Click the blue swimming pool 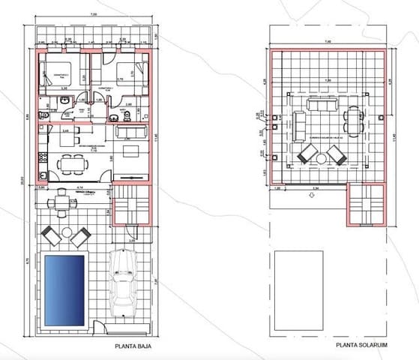click(64, 289)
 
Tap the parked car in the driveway click(122, 286)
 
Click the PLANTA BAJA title click(135, 346)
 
